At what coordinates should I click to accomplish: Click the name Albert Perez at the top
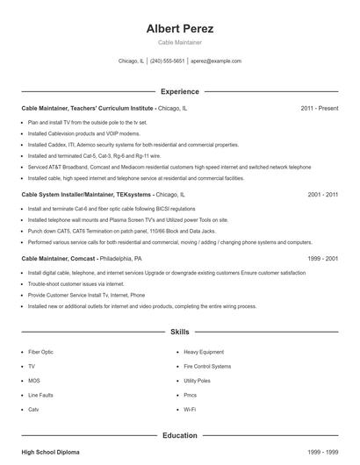point(180,28)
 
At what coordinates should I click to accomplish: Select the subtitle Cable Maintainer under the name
point(180,42)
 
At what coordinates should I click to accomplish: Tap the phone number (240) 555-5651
point(167,61)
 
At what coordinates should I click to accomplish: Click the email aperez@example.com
point(215,61)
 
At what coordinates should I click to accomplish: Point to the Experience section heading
point(180,91)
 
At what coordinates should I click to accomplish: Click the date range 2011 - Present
point(319,108)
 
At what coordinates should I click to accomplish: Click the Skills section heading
point(180,333)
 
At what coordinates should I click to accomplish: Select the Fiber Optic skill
point(41,351)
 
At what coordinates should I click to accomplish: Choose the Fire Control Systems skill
point(208,366)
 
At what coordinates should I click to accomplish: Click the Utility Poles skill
point(198,381)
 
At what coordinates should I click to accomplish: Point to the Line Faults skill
point(40,396)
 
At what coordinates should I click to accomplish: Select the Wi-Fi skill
point(190,410)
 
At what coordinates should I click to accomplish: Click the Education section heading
point(180,434)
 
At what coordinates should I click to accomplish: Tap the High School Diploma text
point(50,451)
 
